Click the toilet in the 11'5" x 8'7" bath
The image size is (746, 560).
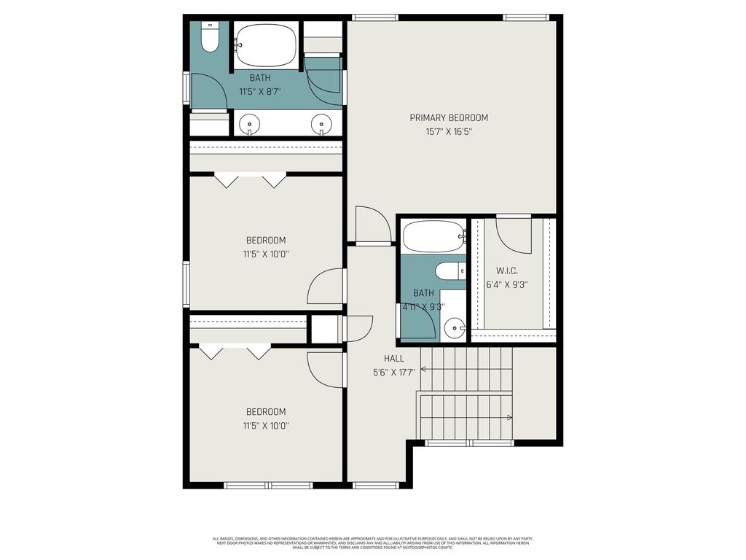(210, 39)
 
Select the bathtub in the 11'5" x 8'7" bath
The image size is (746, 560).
(266, 45)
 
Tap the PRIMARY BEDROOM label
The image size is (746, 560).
(449, 118)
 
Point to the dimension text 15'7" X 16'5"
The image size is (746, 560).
(449, 132)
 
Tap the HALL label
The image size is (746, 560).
(394, 359)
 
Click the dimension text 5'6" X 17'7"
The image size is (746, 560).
(394, 373)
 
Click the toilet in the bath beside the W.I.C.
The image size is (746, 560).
(449, 272)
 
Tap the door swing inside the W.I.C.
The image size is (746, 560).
(513, 233)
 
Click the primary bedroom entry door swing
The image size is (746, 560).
(373, 225)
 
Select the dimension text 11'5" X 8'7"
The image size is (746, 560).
(259, 92)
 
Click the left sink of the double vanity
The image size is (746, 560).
(250, 124)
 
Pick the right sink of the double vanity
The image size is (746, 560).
(321, 124)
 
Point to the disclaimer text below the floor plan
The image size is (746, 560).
(372, 543)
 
